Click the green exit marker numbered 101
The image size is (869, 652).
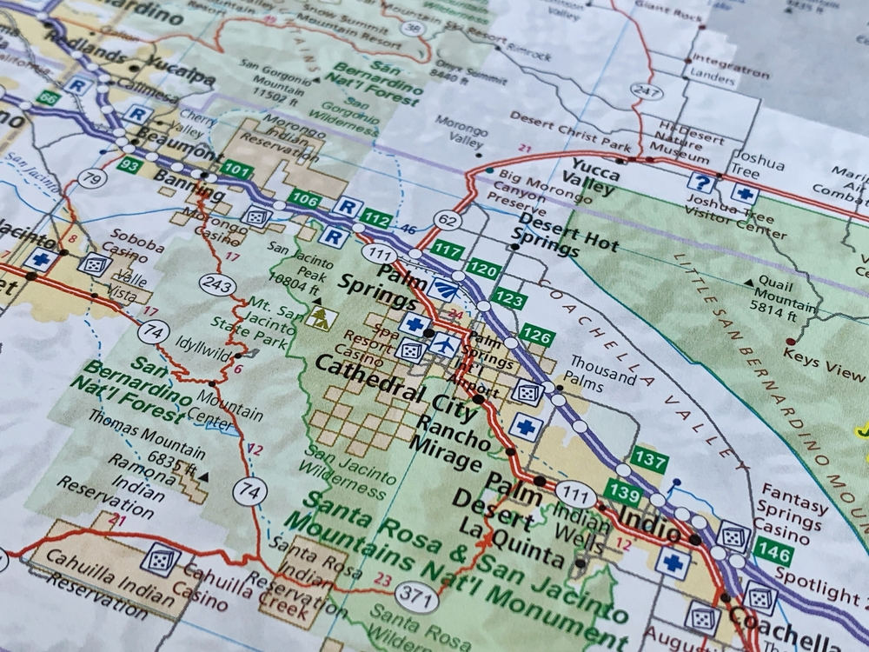click(x=236, y=170)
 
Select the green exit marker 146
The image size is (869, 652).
click(x=773, y=549)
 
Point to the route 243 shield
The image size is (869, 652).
click(x=215, y=284)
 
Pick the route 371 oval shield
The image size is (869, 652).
click(x=415, y=595)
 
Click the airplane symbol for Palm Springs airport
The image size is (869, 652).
click(x=444, y=344)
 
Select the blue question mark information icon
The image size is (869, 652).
click(x=701, y=183)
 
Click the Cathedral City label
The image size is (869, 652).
click(x=382, y=383)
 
